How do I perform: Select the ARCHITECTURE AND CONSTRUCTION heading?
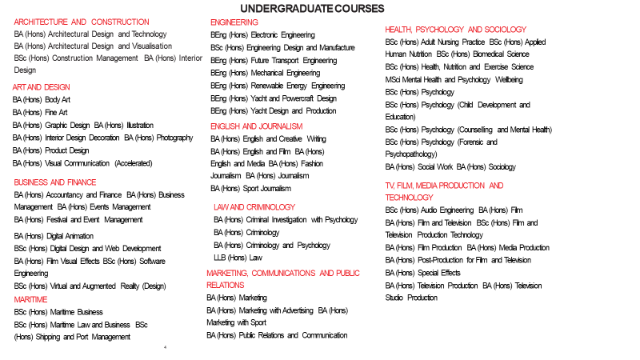[x=82, y=22]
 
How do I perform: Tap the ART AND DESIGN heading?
[x=42, y=86]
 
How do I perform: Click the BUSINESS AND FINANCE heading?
[x=55, y=182]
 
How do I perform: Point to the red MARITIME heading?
[x=31, y=299]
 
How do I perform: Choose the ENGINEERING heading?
[x=234, y=22]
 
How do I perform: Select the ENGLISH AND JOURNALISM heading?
[x=257, y=126]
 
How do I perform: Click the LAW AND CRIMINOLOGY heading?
[x=254, y=207]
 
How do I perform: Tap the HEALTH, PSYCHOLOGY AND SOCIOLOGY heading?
[x=456, y=29]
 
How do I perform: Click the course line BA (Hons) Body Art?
[x=42, y=100]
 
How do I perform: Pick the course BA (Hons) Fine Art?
[x=40, y=113]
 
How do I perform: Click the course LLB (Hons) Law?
[x=238, y=258]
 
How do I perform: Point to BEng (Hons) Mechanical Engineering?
[x=265, y=73]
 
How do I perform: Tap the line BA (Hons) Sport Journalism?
[x=250, y=189]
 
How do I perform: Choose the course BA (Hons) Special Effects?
[x=422, y=273]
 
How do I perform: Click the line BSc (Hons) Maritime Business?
[x=58, y=312]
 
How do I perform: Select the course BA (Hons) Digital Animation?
[x=54, y=236]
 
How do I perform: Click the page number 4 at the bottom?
[x=164, y=348]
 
